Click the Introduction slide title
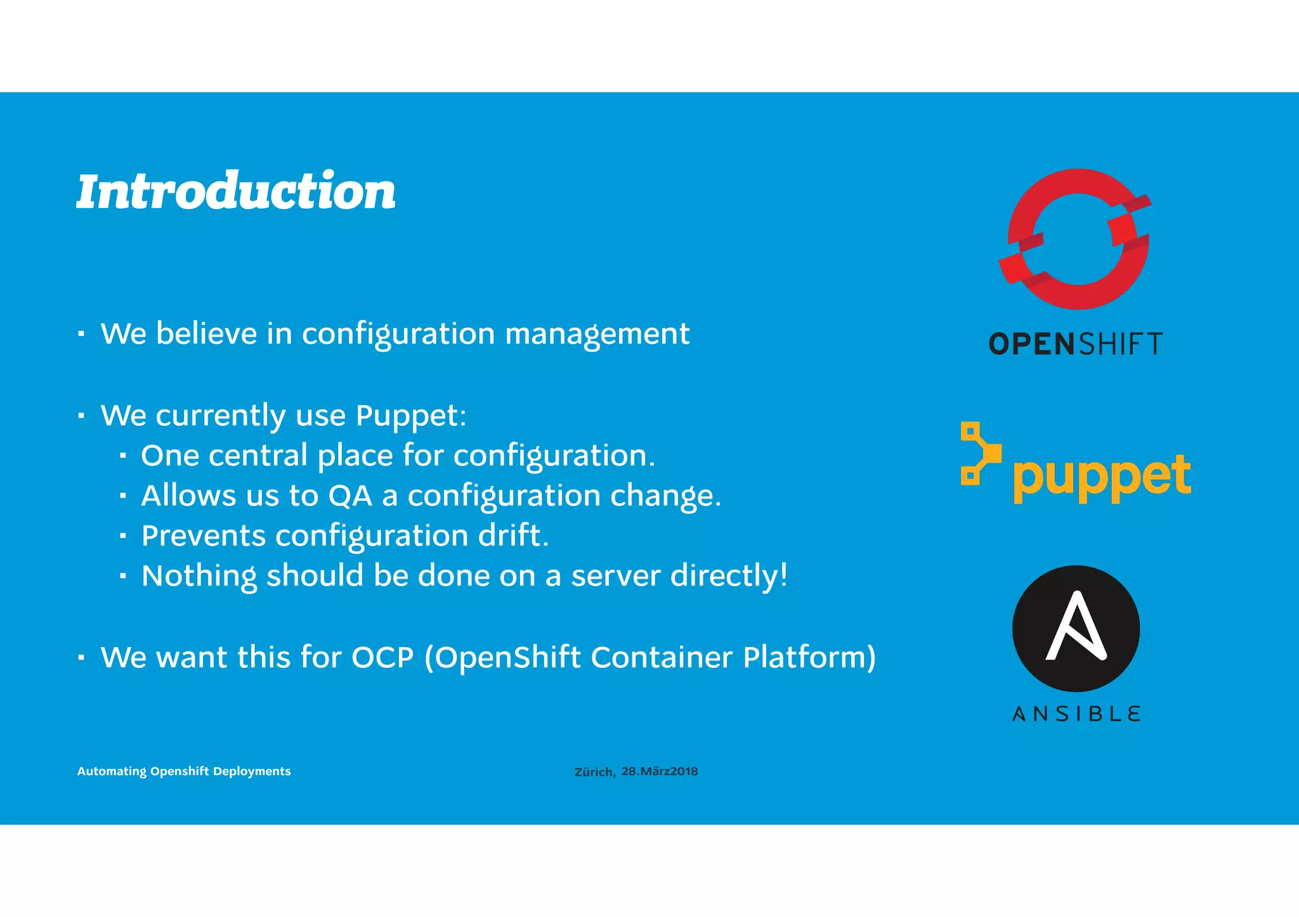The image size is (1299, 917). [x=236, y=191]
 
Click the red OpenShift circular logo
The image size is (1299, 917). [x=1076, y=239]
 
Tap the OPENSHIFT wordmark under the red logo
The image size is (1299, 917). [x=1076, y=344]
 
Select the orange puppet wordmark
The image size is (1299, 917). [x=1102, y=477]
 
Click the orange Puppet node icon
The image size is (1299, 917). [x=979, y=454]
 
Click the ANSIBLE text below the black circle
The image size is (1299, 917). [x=1076, y=714]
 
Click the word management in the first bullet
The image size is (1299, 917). [x=597, y=334]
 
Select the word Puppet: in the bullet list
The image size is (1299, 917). [x=411, y=416]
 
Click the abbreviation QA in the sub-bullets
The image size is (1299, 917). [x=350, y=496]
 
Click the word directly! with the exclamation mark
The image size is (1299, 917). [x=729, y=576]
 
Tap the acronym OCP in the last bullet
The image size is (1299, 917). [x=382, y=657]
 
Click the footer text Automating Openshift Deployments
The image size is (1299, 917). [x=184, y=771]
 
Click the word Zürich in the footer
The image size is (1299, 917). [x=594, y=772]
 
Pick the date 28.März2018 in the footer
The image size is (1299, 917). [x=660, y=771]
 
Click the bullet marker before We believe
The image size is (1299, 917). [x=81, y=334]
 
